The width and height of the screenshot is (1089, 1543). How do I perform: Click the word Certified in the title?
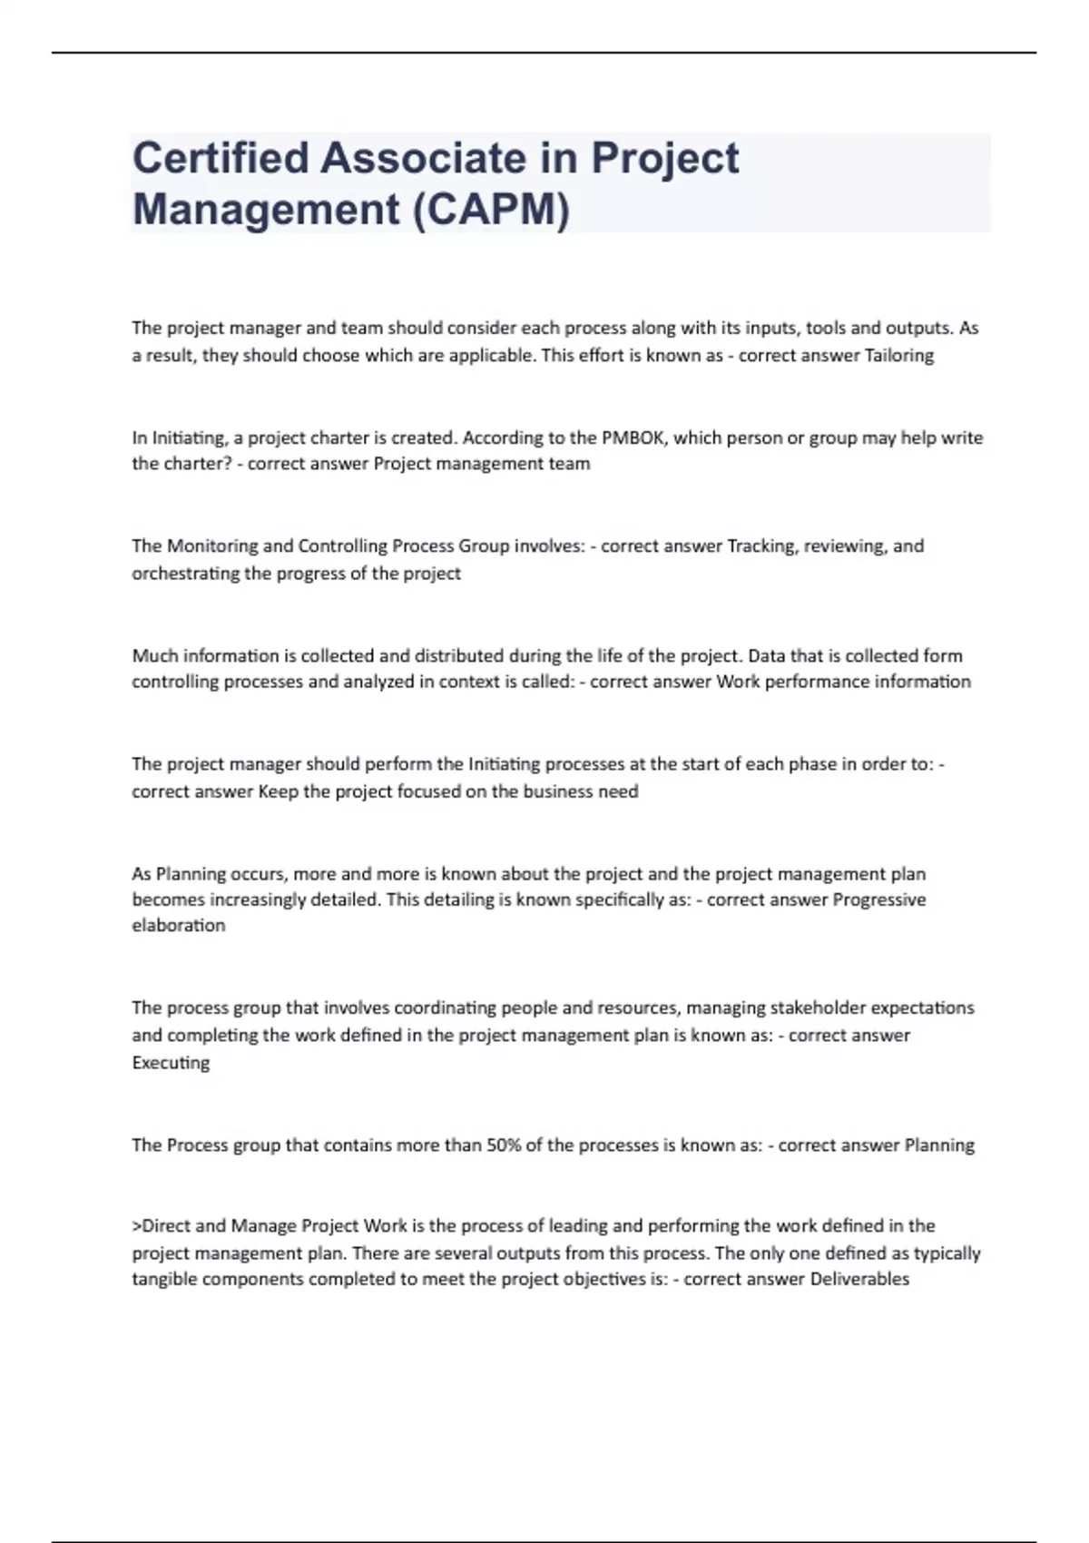[221, 158]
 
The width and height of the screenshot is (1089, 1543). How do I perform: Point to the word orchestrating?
[186, 574]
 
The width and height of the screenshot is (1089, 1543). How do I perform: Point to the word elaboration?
[179, 926]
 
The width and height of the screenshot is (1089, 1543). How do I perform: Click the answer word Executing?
[171, 1063]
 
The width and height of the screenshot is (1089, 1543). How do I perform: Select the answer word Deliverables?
[858, 1280]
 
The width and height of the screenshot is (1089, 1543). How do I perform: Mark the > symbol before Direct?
[137, 1226]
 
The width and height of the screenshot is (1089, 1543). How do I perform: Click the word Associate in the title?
[423, 158]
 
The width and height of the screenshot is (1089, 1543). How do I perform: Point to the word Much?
[154, 655]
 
